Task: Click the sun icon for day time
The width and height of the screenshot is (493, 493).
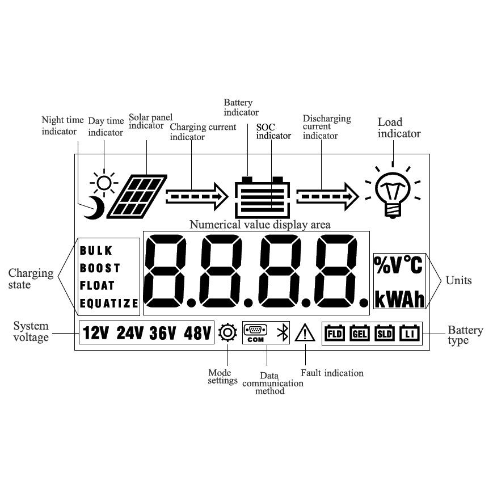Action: click(104, 183)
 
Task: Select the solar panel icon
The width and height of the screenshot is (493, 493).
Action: click(137, 196)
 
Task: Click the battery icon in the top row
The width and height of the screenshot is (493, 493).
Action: click(262, 196)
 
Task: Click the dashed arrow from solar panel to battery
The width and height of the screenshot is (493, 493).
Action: click(196, 196)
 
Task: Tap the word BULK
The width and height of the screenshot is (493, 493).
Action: click(96, 250)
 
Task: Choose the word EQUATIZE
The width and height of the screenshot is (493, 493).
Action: click(108, 304)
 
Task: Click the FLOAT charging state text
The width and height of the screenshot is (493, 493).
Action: click(97, 285)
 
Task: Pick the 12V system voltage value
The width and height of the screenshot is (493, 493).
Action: click(96, 333)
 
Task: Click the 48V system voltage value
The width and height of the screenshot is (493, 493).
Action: click(197, 333)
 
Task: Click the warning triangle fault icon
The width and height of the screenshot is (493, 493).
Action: click(305, 332)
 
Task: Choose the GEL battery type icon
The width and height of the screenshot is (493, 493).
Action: click(360, 333)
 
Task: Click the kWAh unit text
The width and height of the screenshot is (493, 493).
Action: click(399, 299)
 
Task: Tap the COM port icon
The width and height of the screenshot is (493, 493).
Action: click(256, 333)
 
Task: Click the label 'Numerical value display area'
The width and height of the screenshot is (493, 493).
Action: click(260, 225)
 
